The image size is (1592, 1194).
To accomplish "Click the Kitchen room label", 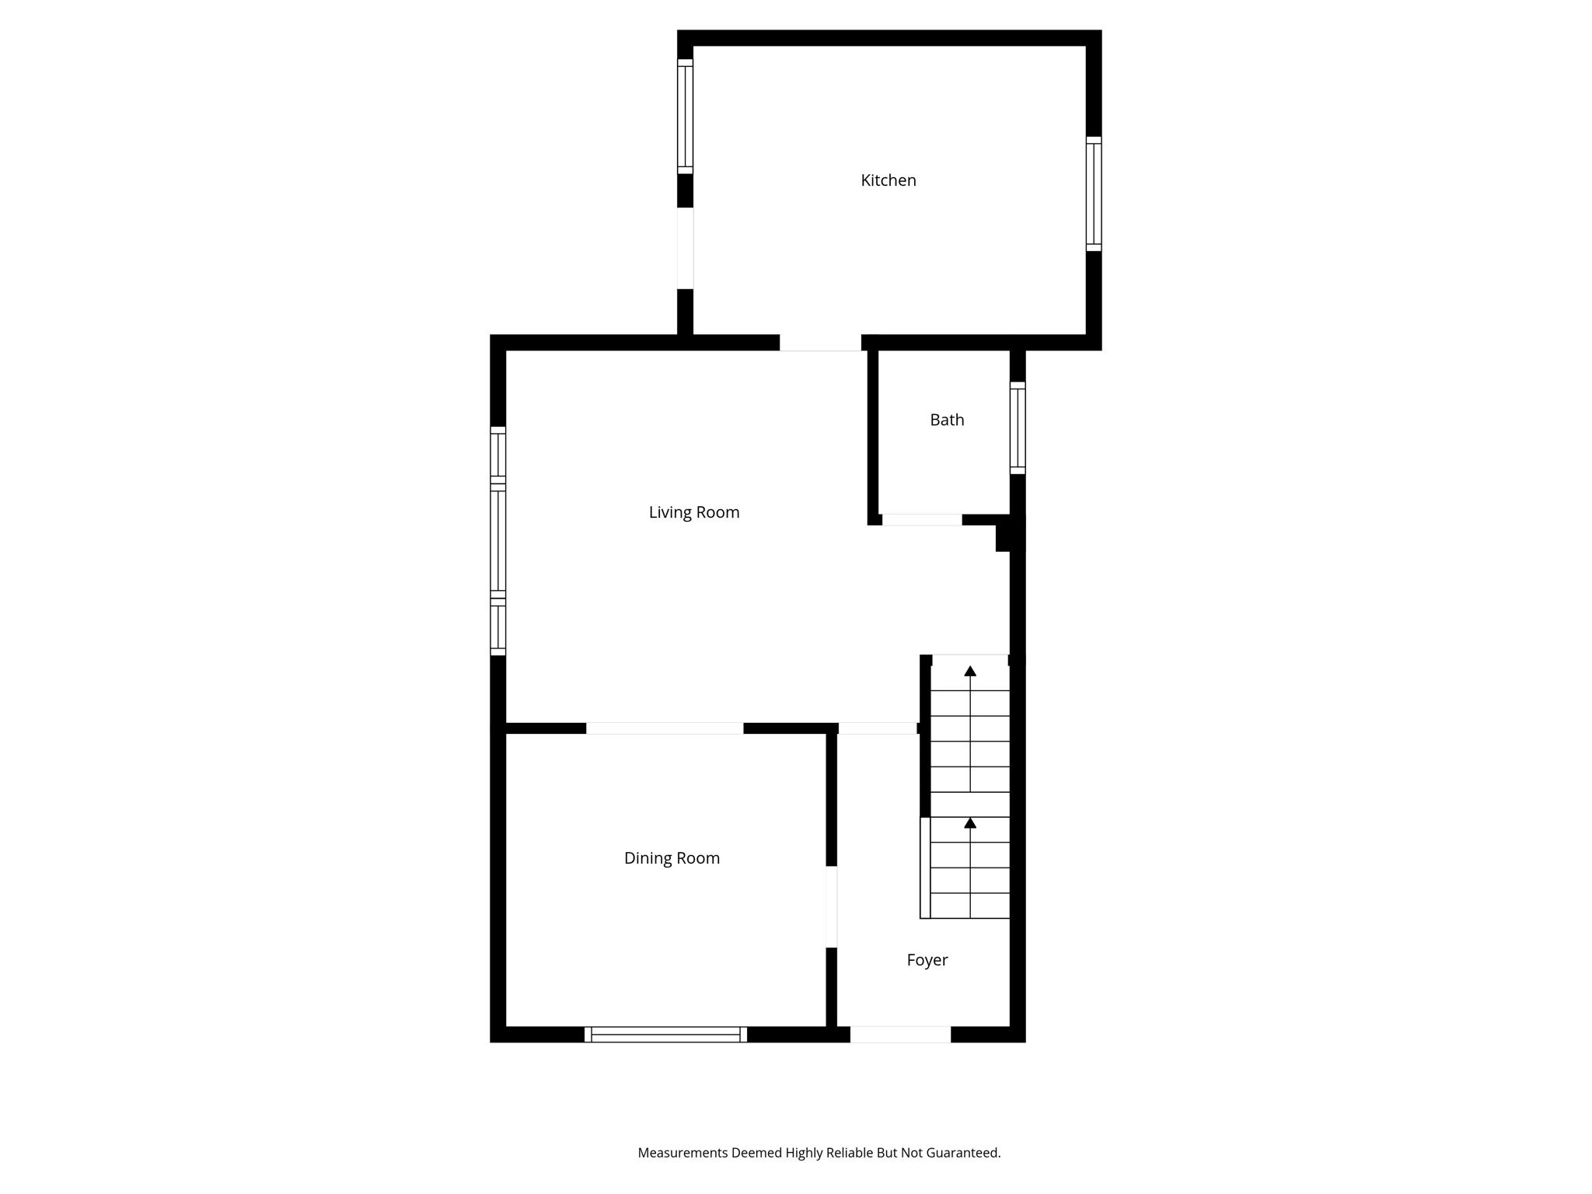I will [x=888, y=180].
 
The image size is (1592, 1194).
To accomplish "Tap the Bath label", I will [x=947, y=420].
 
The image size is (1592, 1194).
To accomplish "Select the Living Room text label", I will [x=693, y=512].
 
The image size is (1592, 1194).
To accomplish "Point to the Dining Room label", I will [x=672, y=858].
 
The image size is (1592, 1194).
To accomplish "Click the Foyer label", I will [x=927, y=960].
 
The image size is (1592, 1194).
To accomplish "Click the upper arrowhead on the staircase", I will [x=970, y=671].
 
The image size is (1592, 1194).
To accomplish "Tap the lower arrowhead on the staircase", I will [x=970, y=822].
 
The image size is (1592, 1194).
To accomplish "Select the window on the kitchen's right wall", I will [x=1093, y=194].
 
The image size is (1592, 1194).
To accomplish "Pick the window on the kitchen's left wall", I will [x=685, y=117].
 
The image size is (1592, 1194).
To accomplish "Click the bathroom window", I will [x=1017, y=428].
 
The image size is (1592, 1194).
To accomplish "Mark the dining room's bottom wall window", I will [x=665, y=1034].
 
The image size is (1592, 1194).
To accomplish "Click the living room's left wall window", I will [x=497, y=541].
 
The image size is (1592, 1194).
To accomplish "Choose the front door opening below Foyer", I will [x=900, y=1034].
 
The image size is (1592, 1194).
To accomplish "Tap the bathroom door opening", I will [x=921, y=520].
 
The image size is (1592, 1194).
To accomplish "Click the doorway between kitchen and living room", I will [x=820, y=343].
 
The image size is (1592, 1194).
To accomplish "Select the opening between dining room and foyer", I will [x=831, y=906].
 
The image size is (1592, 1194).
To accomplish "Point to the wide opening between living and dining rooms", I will [x=665, y=728].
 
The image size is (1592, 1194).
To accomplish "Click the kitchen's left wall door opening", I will [x=685, y=248].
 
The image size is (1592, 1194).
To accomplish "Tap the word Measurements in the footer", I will [x=683, y=1153].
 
